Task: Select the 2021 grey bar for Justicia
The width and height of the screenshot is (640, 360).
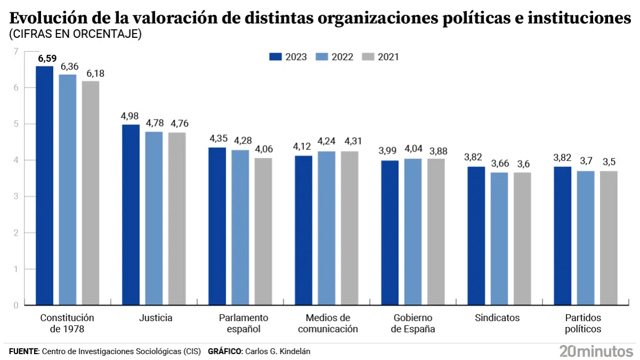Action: (x=177, y=219)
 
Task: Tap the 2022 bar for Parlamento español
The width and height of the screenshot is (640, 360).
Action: (x=240, y=227)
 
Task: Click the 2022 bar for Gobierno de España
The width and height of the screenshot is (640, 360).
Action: (x=412, y=231)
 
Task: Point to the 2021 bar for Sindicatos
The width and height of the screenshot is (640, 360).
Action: (x=522, y=238)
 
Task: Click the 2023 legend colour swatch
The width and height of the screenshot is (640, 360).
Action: (x=275, y=57)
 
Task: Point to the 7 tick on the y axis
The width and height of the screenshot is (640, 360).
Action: (x=15, y=51)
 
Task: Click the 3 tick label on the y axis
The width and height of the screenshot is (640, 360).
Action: (x=15, y=196)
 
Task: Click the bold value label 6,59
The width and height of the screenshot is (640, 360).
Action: (x=47, y=58)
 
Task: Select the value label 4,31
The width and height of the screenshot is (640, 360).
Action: (x=350, y=142)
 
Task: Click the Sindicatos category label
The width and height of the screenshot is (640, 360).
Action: (x=497, y=318)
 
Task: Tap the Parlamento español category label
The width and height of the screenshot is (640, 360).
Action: (x=244, y=323)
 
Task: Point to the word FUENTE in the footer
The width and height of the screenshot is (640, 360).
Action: (x=24, y=351)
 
